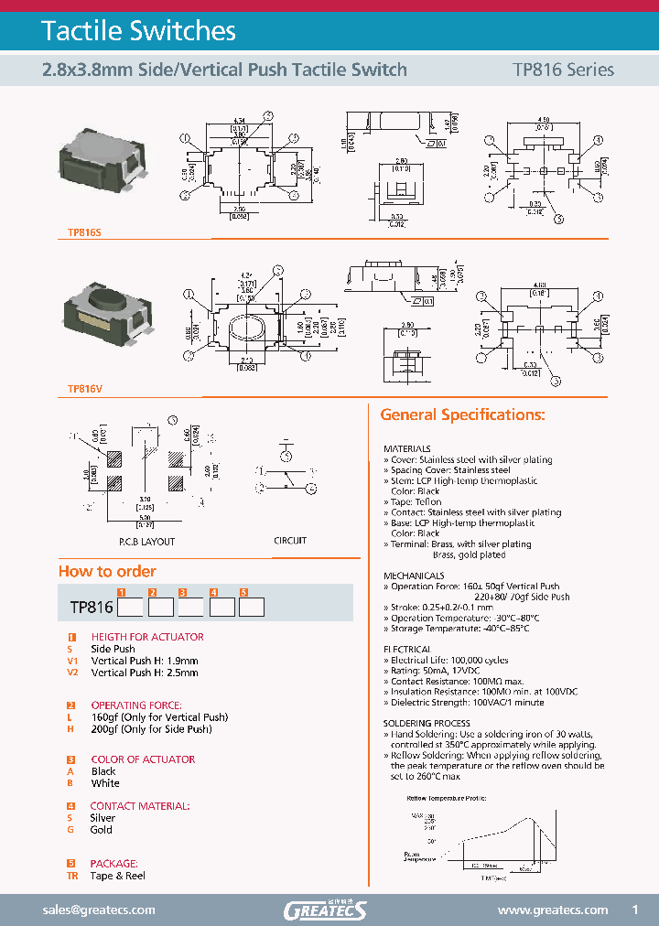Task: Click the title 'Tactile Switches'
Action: pyautogui.click(x=138, y=31)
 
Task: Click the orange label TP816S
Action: pyautogui.click(x=84, y=233)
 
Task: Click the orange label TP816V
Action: pyautogui.click(x=84, y=389)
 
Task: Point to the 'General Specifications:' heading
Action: pyautogui.click(x=462, y=415)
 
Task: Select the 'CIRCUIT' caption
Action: pyautogui.click(x=290, y=541)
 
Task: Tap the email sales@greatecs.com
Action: pyautogui.click(x=100, y=910)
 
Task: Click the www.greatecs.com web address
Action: pyautogui.click(x=552, y=910)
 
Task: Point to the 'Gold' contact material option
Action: pyautogui.click(x=101, y=830)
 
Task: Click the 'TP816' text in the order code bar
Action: pyautogui.click(x=91, y=607)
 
